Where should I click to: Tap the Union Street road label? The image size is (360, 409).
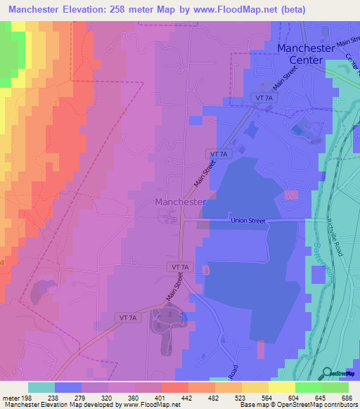tap(248, 221)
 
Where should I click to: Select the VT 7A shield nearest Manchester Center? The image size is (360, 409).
tap(264, 97)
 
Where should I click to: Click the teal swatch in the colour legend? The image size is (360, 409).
tap(41, 387)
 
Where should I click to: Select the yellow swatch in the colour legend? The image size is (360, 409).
tap(281, 387)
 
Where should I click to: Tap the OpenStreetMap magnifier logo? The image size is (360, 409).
tap(326, 372)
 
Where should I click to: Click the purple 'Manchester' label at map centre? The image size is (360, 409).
tap(179, 202)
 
